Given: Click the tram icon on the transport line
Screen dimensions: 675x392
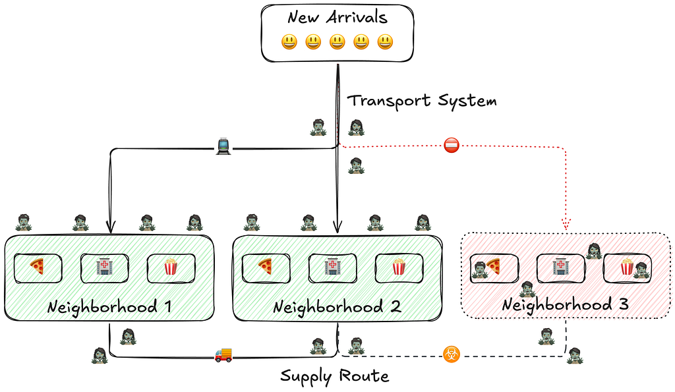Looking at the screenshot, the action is [223, 146].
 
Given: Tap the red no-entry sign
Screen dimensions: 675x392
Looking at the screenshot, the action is [451, 146].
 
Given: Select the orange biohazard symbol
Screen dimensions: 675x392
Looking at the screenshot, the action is [451, 354].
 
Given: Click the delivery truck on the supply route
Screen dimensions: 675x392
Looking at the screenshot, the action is [223, 355].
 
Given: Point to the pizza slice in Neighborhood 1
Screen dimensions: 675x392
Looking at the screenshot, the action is [38, 266].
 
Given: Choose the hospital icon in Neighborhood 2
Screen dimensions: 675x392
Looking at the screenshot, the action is [332, 266].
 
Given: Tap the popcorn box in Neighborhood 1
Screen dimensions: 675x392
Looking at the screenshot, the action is [171, 266].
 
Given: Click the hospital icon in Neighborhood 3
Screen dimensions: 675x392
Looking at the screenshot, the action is [560, 266].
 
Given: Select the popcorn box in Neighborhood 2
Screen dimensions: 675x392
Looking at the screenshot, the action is [399, 266].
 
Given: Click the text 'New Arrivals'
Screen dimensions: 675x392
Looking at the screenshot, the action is [337, 17].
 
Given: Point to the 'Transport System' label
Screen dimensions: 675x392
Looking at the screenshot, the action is [422, 101].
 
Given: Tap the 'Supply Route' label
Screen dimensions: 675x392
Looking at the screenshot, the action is [334, 376].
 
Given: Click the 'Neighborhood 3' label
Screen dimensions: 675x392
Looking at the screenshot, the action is [565, 304].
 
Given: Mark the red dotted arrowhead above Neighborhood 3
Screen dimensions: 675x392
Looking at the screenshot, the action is [566, 224].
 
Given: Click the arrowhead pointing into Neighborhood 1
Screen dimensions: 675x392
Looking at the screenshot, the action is [111, 227].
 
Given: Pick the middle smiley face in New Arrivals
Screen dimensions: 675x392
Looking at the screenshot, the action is [337, 42].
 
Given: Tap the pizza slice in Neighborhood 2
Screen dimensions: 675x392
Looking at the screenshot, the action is [265, 266].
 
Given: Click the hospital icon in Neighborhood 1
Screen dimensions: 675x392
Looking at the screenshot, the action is [103, 266].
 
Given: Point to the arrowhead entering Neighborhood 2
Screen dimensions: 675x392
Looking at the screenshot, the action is [337, 227].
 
